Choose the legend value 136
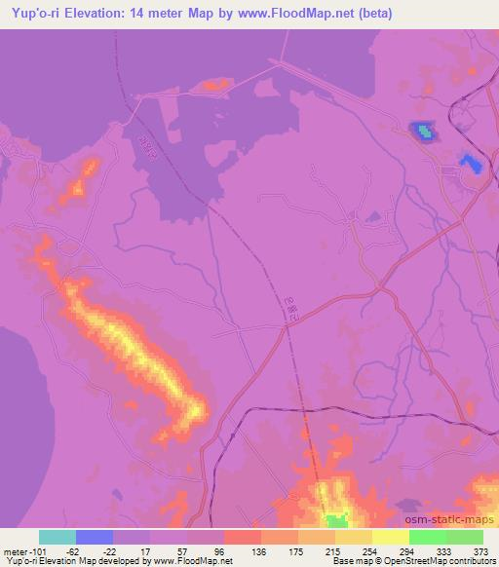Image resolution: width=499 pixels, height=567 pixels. (259, 550)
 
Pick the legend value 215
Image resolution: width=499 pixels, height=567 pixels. (332, 550)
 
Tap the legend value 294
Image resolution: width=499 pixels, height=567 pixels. (406, 550)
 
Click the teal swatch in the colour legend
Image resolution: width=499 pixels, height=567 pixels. (58, 537)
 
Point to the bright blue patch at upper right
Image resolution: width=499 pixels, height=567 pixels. (423, 130)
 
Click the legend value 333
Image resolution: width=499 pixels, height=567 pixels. (443, 550)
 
